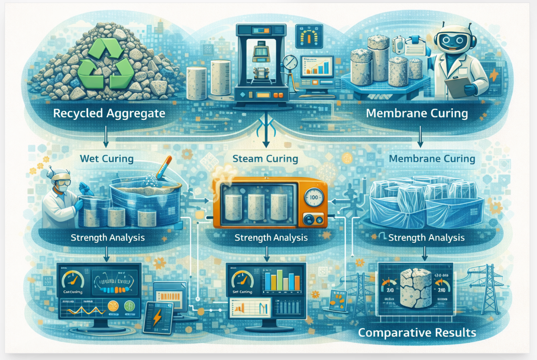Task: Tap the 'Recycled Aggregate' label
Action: pos(109,113)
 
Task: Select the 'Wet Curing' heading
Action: pos(107,159)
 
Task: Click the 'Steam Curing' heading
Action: pos(265,159)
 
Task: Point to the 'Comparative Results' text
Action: pos(418,333)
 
